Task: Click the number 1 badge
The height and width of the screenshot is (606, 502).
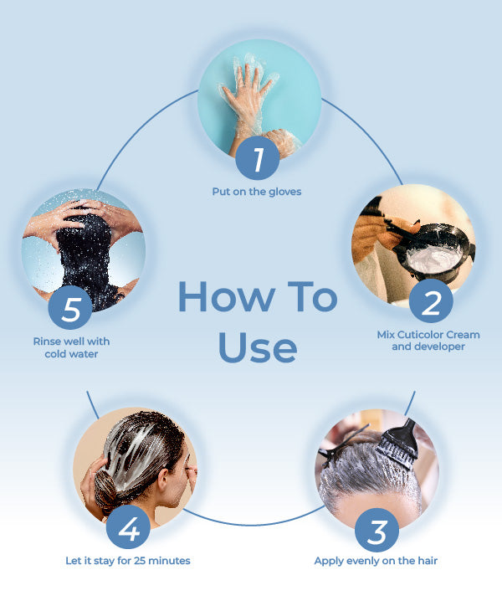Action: pos(258,157)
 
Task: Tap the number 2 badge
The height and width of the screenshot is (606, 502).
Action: pos(431,301)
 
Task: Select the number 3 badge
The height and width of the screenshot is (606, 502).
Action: pos(376,531)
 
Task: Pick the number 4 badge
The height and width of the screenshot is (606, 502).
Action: pos(128,527)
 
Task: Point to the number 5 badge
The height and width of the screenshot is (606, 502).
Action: pos(70,308)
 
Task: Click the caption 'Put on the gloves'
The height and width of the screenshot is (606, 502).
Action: pos(257,192)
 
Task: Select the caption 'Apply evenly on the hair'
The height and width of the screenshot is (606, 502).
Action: pos(376,561)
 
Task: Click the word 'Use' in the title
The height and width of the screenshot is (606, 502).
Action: pos(258,347)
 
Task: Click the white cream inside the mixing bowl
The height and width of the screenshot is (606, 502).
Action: pos(435,259)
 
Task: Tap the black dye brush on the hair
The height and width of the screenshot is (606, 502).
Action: pos(398,444)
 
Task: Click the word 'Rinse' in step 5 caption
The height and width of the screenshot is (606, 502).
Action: pos(45,342)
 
